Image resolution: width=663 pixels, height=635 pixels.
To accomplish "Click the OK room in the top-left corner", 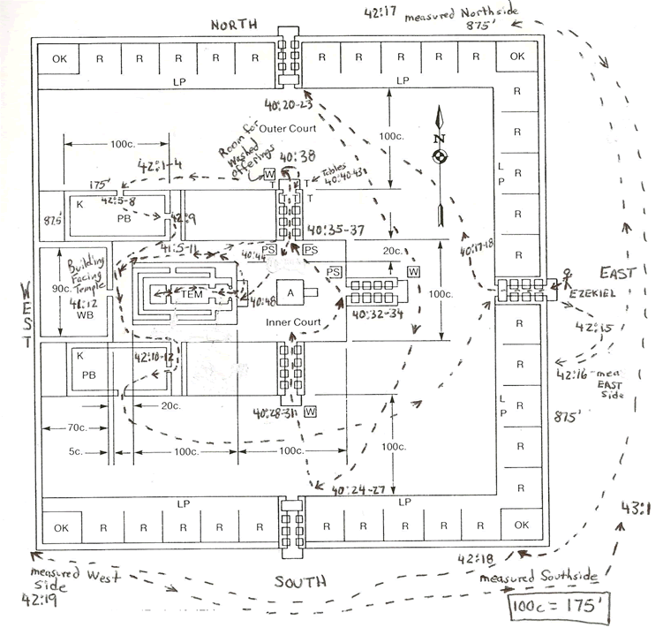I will point(60,59).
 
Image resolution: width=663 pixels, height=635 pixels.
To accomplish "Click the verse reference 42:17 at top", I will point(384,12).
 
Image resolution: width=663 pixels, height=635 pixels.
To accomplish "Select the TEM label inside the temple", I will point(192,295).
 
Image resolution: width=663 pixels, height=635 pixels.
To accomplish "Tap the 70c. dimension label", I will point(78,428).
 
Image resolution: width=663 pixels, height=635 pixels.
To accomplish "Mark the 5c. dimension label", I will point(79,454).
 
